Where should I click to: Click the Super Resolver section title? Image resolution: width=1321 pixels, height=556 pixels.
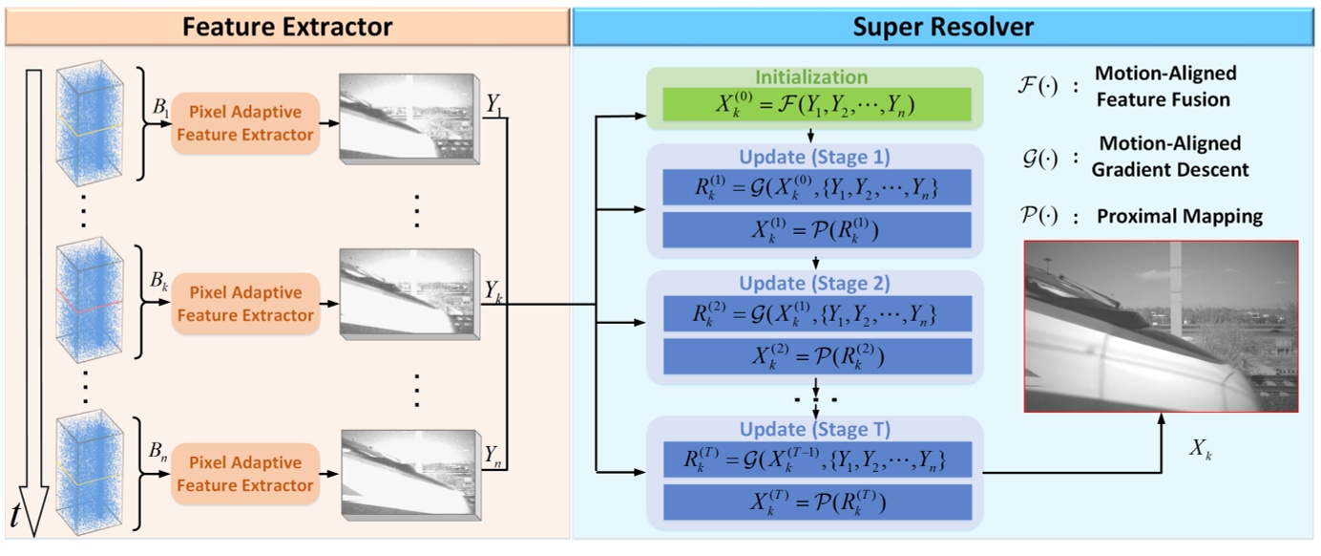click(942, 26)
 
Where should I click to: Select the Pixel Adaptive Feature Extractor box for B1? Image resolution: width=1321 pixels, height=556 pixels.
click(244, 123)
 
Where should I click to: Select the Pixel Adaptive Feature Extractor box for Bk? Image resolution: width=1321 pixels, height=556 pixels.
click(244, 304)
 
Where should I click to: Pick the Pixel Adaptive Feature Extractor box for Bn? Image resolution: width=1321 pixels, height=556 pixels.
click(244, 474)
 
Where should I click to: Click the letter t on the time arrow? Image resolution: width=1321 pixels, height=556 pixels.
click(15, 516)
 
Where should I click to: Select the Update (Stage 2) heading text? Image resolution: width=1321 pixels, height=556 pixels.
click(814, 284)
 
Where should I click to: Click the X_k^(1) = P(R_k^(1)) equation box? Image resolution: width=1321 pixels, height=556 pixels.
click(815, 230)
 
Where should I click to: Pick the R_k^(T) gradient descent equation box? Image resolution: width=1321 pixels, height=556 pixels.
click(815, 460)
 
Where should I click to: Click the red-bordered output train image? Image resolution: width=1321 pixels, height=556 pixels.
click(1161, 326)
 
